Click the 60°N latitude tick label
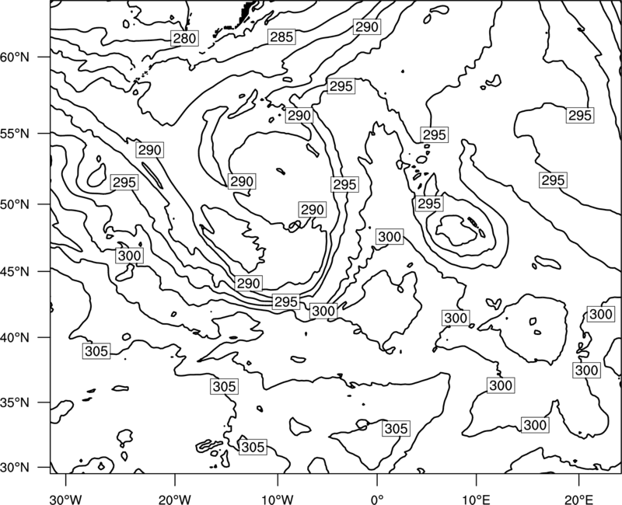click(x=14, y=57)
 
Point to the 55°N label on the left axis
click(x=14, y=134)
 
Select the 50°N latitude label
click(x=14, y=204)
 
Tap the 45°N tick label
click(x=14, y=271)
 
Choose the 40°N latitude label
click(x=14, y=338)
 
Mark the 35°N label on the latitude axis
click(x=14, y=402)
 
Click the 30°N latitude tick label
click(x=14, y=468)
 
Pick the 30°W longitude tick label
click(x=65, y=499)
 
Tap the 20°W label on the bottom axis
click(x=175, y=499)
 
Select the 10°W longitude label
click(x=278, y=499)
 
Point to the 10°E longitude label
click(x=476, y=499)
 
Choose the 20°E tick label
click(x=578, y=499)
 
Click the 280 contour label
click(x=184, y=38)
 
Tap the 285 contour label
click(x=281, y=37)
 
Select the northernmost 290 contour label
click(x=367, y=27)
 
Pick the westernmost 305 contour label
click(x=96, y=351)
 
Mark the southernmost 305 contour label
click(x=253, y=448)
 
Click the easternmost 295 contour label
click(x=580, y=115)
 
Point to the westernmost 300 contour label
click(x=130, y=256)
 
